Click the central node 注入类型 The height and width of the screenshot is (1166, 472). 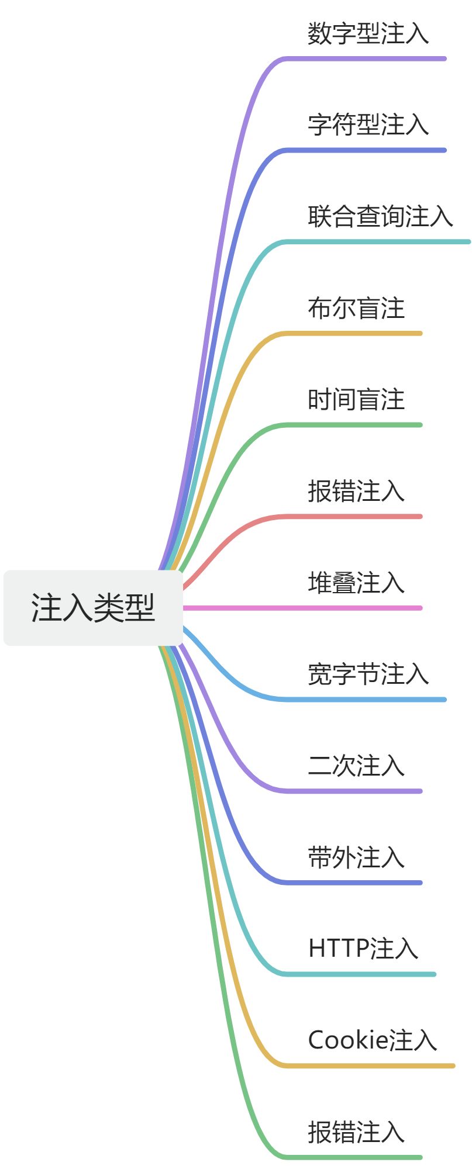pyautogui.click(x=93, y=608)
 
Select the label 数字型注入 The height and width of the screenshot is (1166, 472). pyautogui.click(x=368, y=33)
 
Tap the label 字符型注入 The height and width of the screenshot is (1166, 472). pyautogui.click(x=368, y=124)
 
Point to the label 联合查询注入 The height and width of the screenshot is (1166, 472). pyautogui.click(x=380, y=216)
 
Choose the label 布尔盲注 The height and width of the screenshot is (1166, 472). pyautogui.click(x=356, y=308)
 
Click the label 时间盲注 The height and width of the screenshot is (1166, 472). pyautogui.click(x=356, y=400)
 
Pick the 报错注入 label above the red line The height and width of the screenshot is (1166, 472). pyautogui.click(x=356, y=491)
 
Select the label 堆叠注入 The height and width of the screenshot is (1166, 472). pyautogui.click(x=356, y=583)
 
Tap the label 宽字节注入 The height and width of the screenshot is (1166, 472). pyautogui.click(x=368, y=674)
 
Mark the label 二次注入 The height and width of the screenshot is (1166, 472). pyautogui.click(x=356, y=766)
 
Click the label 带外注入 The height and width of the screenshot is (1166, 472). pyautogui.click(x=356, y=857)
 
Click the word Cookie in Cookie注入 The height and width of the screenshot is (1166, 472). pyautogui.click(x=348, y=1040)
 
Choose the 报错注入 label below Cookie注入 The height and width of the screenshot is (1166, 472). pyautogui.click(x=356, y=1132)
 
